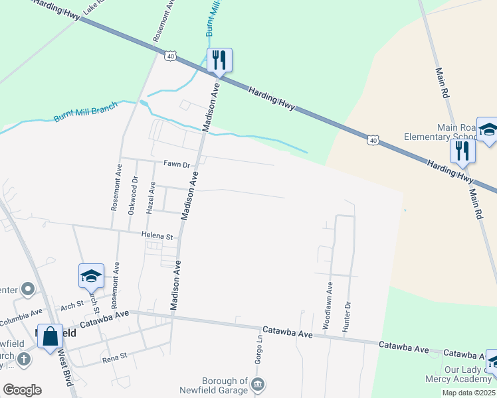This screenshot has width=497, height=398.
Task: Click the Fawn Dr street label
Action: pyautogui.click(x=177, y=164)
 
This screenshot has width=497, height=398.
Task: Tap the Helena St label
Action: pyautogui.click(x=157, y=235)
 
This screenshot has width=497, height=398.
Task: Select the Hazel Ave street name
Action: pyautogui.click(x=151, y=198)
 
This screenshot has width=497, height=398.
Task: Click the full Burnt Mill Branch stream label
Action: pyautogui.click(x=86, y=111)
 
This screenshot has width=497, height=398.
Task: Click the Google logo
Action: pyautogui.click(x=21, y=390)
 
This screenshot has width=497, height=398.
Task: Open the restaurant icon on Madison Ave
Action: pyautogui.click(x=219, y=60)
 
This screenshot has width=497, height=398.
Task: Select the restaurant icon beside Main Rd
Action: pyautogui.click(x=462, y=152)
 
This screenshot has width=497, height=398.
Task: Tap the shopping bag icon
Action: pyautogui.click(x=50, y=336)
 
